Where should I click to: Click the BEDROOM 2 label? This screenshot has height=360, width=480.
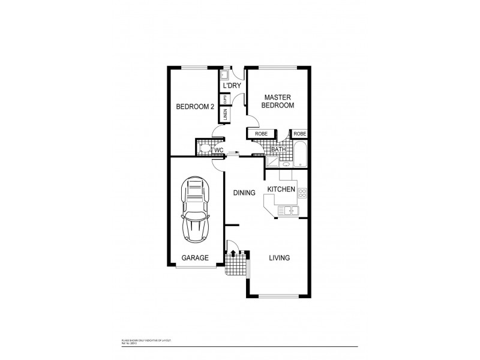point(195,107)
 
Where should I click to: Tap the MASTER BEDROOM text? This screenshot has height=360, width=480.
point(279,101)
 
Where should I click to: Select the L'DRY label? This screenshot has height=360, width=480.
point(232,86)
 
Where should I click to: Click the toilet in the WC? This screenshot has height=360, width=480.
point(205,148)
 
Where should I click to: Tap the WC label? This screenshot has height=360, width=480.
point(219,149)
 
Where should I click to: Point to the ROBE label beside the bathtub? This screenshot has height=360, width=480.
point(300,133)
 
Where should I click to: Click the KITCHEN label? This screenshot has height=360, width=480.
point(281,190)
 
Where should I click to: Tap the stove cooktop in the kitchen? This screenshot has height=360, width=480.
point(302,193)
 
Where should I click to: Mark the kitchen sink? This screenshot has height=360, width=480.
point(290,210)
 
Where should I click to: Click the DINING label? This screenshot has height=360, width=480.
point(244,193)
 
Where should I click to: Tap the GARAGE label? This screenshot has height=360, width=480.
point(195,258)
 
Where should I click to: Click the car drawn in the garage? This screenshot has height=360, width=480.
point(195,211)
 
